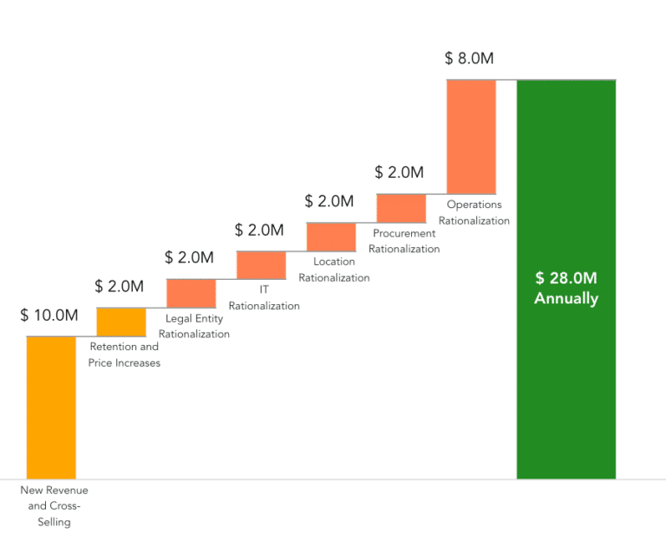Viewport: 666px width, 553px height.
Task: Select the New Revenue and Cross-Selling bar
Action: click(51, 407)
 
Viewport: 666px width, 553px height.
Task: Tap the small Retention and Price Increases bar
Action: click(121, 322)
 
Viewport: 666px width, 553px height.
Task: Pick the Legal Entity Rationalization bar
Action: click(191, 293)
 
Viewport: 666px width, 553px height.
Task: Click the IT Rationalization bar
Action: click(261, 265)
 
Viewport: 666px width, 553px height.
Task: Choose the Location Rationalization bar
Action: click(331, 237)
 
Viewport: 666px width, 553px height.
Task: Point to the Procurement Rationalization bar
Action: click(401, 208)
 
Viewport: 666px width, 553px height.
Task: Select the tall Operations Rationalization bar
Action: click(471, 136)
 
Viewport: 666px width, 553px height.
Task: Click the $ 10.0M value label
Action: click(49, 315)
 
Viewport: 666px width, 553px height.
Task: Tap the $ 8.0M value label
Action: click(469, 58)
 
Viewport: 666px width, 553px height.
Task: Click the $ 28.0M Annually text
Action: click(565, 288)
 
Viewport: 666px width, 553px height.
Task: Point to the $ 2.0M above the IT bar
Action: click(259, 230)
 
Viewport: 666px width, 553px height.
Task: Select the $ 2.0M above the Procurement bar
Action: click(399, 172)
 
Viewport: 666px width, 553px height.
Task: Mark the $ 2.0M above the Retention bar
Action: click(119, 286)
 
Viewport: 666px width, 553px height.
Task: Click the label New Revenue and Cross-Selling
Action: click(54, 506)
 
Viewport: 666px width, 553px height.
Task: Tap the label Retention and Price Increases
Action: click(124, 355)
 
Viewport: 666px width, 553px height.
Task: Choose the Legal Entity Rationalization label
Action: click(194, 326)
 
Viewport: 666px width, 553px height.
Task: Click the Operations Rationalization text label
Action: click(473, 212)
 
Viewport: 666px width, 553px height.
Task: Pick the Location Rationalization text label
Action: click(334, 270)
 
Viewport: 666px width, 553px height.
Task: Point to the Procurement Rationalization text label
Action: click(404, 241)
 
